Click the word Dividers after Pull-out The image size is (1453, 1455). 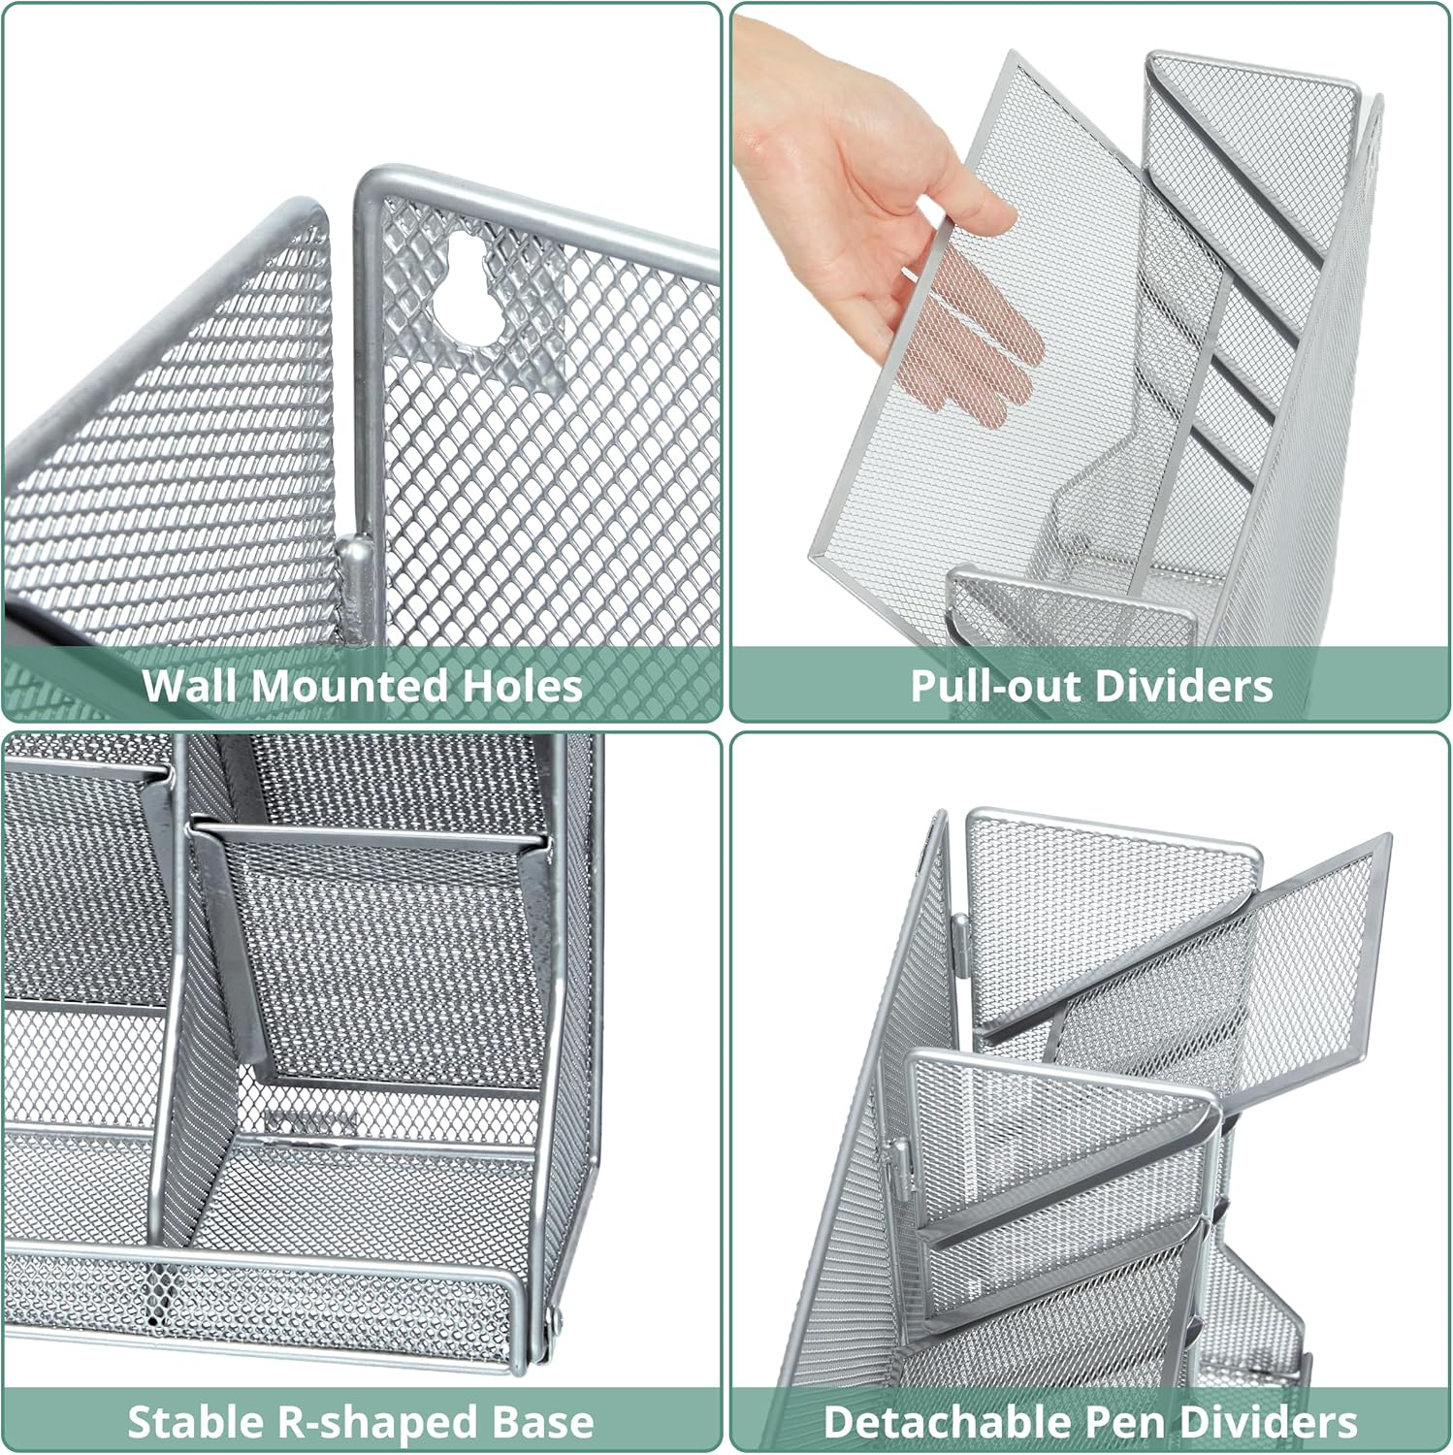coord(1175,686)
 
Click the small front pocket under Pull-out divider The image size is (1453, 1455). coord(1072,611)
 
